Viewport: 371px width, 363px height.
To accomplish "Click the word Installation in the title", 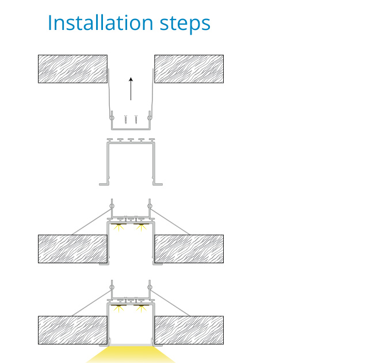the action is [101, 22].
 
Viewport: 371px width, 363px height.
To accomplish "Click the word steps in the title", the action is [185, 24].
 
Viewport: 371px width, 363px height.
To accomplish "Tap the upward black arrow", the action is [131, 89].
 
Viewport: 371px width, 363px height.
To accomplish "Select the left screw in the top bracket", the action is [126, 120].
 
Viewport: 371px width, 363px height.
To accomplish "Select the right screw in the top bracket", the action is [136, 120].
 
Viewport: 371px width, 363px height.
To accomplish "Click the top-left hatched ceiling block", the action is [72, 69].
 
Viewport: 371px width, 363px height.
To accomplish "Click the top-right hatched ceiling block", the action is [189, 69].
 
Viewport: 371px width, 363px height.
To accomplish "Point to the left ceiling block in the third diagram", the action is [72, 249].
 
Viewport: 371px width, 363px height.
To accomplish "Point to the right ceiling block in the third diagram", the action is [189, 249].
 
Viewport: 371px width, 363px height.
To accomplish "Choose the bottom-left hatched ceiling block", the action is [72, 330].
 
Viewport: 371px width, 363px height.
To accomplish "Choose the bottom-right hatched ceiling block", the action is [189, 330].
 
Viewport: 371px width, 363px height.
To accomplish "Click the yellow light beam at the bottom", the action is [131, 355].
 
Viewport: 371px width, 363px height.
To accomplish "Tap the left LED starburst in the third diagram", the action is [118, 228].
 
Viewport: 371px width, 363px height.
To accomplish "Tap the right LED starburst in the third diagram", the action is [141, 228].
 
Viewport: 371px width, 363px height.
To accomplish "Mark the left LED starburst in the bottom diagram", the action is [118, 309].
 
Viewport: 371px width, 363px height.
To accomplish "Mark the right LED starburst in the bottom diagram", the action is [141, 309].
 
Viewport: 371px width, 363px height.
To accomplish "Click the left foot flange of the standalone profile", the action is [104, 184].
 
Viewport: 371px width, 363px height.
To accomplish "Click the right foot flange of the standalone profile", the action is [158, 184].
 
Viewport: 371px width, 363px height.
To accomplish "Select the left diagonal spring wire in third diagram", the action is [91, 222].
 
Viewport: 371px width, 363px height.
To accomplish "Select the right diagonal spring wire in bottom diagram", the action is [170, 303].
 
